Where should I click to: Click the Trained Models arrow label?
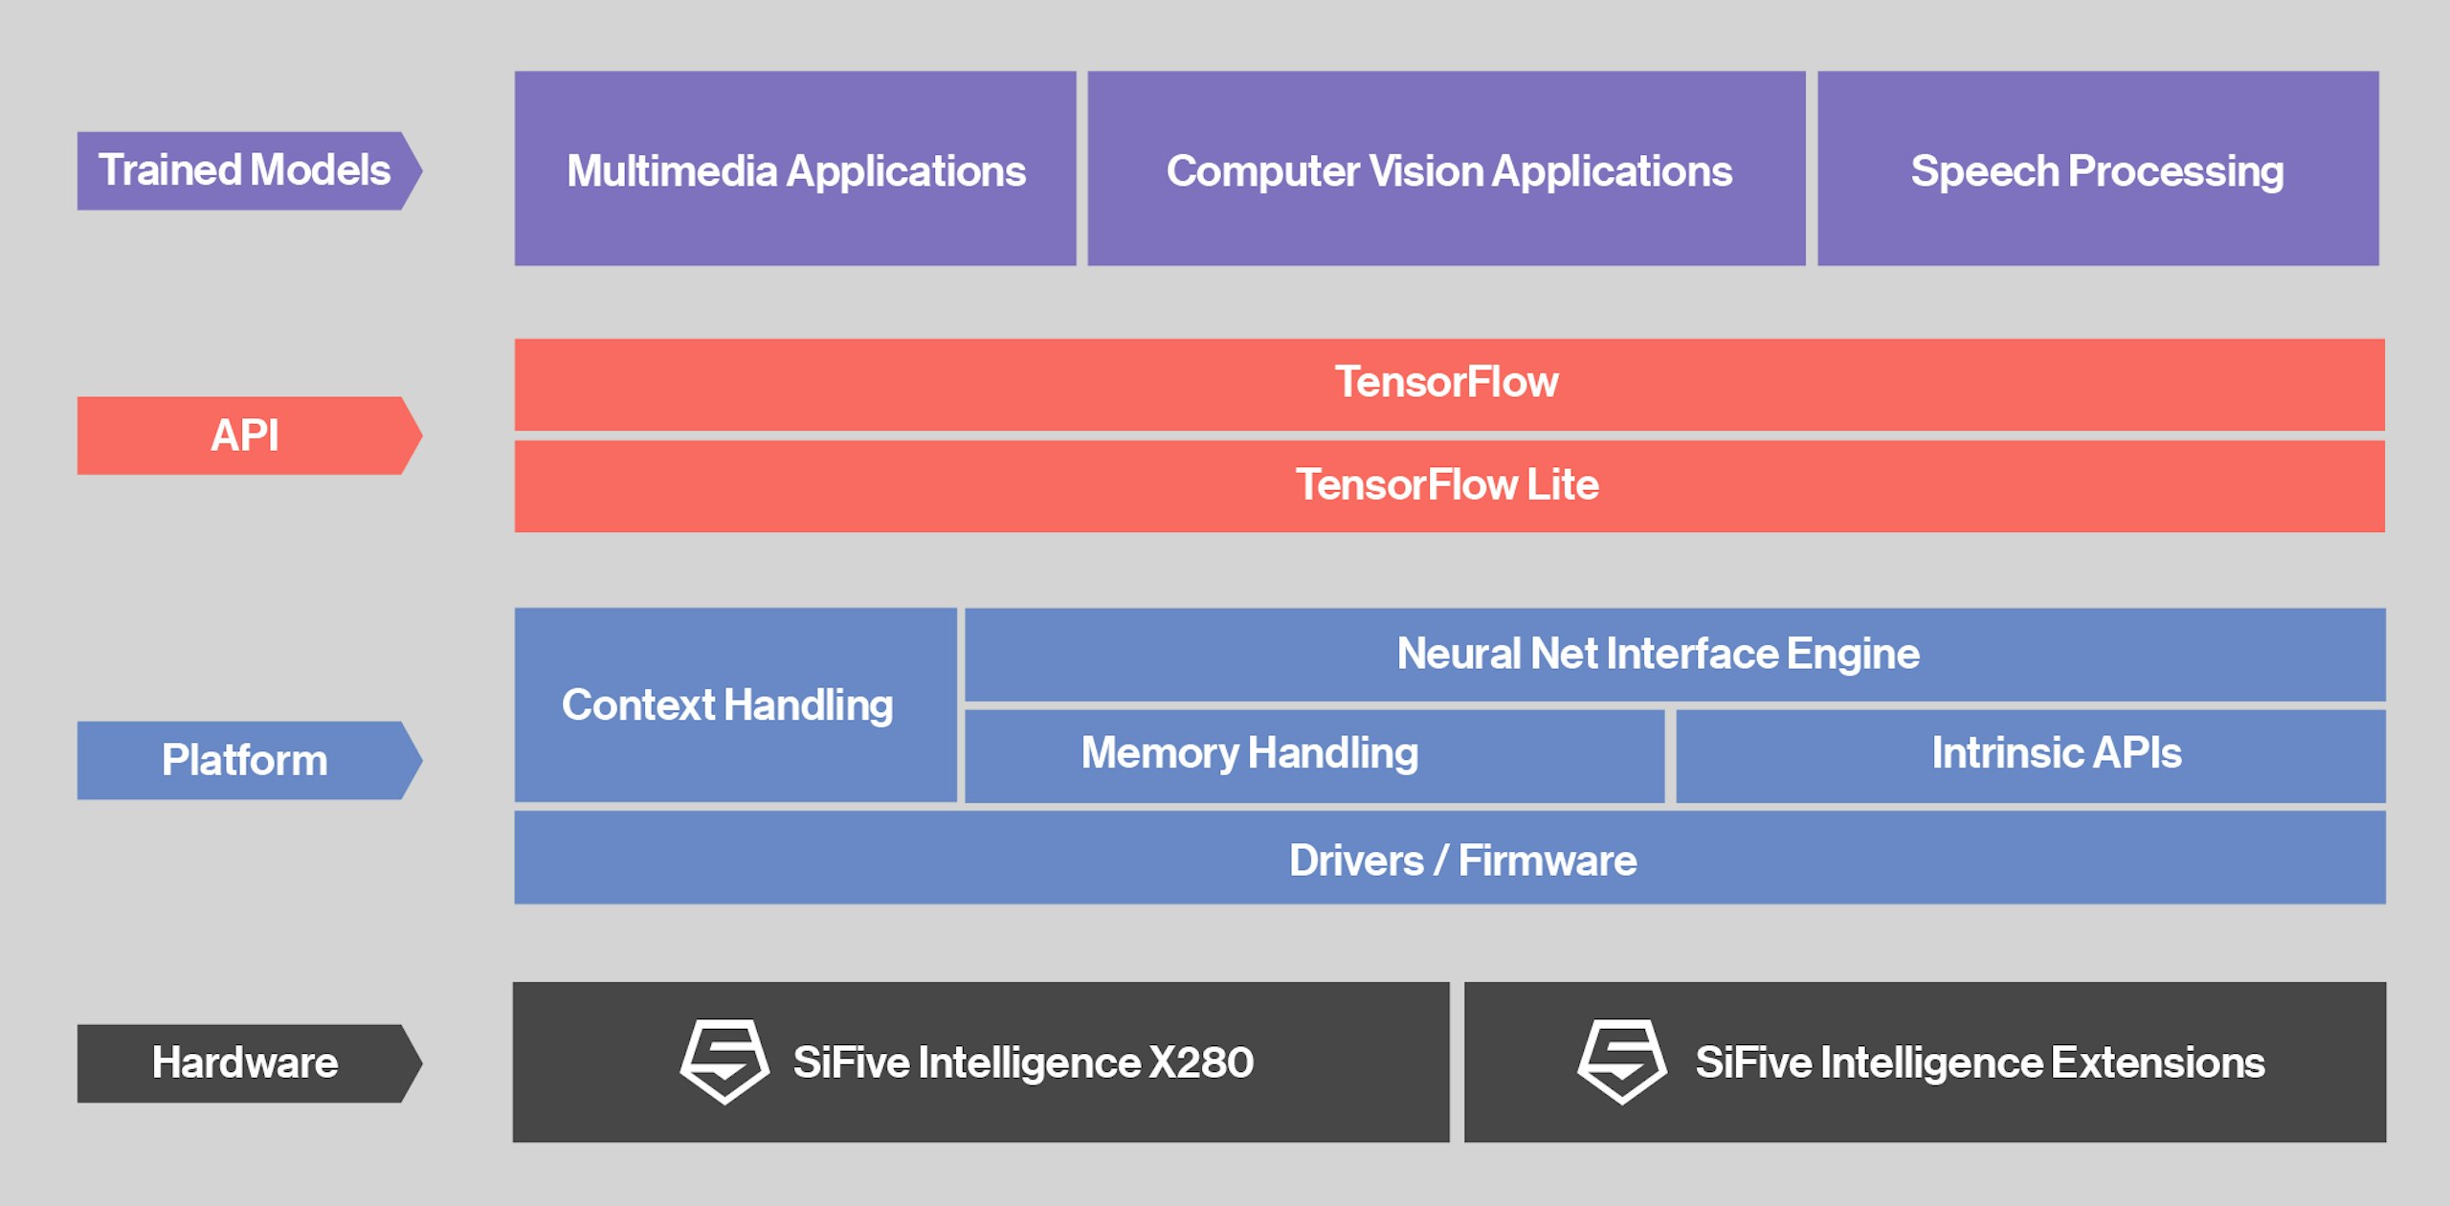[245, 170]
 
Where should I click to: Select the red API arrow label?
[245, 435]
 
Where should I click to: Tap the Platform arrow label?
[245, 760]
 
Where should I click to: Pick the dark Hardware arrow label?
[245, 1062]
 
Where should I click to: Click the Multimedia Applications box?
[794, 169]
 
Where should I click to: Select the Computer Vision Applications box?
[1446, 169]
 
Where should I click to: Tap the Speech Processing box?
[2098, 169]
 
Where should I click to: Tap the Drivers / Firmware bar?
[1449, 859]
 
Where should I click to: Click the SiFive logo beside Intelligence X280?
[724, 1061]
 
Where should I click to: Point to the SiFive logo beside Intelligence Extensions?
[1621, 1061]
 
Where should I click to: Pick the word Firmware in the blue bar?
[1547, 860]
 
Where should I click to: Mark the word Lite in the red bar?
[1562, 485]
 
